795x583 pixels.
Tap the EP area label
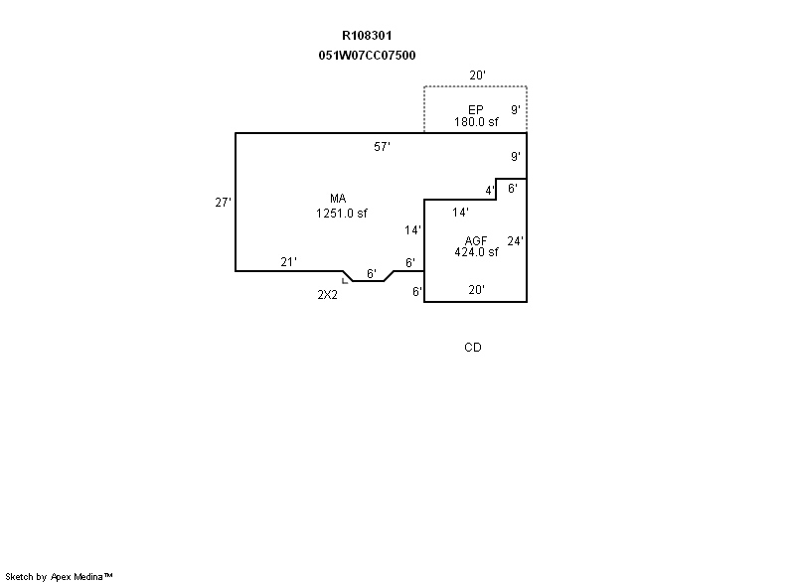point(476,109)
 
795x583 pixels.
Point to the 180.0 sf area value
point(476,122)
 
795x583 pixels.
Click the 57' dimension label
point(382,147)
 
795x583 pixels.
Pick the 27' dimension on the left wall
point(224,203)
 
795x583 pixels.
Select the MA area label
point(339,199)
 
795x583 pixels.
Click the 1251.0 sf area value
point(342,213)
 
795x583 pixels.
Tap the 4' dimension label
point(490,190)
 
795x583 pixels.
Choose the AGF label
point(476,240)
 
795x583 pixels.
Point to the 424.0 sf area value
point(476,252)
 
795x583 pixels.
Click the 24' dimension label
point(515,241)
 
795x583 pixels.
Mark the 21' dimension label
point(288,262)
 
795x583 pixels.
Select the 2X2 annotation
point(328,294)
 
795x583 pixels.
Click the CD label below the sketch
point(473,348)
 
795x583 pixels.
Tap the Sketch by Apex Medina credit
point(60,576)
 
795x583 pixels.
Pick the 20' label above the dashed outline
point(479,75)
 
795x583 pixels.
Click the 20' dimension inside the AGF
point(476,290)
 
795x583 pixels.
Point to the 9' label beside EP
point(515,109)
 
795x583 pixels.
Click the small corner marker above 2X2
point(346,280)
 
